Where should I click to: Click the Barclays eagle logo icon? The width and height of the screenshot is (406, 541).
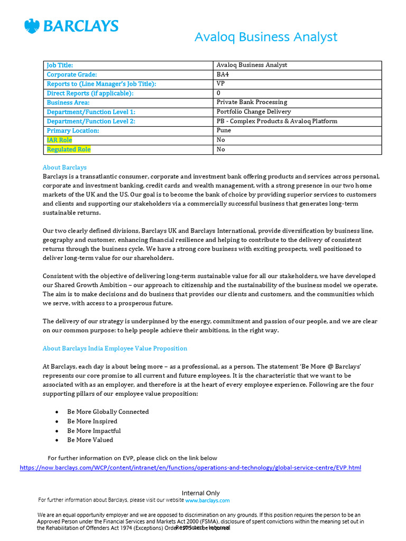point(32,26)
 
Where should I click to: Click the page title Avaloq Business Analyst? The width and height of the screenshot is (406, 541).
point(265,37)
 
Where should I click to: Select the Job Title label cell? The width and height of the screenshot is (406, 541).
point(60,65)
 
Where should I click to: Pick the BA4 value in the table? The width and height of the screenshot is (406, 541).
point(224,74)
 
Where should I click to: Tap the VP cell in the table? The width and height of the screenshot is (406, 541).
point(221,83)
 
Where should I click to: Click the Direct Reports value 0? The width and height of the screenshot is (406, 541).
point(219,93)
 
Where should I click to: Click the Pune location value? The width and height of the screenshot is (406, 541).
point(224,130)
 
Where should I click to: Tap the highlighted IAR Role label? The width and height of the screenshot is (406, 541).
point(59,140)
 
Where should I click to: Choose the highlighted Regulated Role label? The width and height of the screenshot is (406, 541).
point(69,150)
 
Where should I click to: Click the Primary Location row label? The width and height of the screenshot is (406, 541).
point(73,130)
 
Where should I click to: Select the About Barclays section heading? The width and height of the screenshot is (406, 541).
point(64,167)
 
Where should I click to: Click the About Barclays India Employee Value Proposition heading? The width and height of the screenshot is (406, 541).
point(115,349)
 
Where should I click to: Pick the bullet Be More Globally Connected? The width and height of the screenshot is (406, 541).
point(108,412)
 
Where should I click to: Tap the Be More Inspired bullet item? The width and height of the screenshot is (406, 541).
point(92,421)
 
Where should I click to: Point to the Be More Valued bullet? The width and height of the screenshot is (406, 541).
point(90,440)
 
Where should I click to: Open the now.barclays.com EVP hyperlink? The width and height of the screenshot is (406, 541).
point(190,468)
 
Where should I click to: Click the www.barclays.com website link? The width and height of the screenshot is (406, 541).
point(207,500)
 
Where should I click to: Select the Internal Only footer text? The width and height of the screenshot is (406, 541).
point(201,493)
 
